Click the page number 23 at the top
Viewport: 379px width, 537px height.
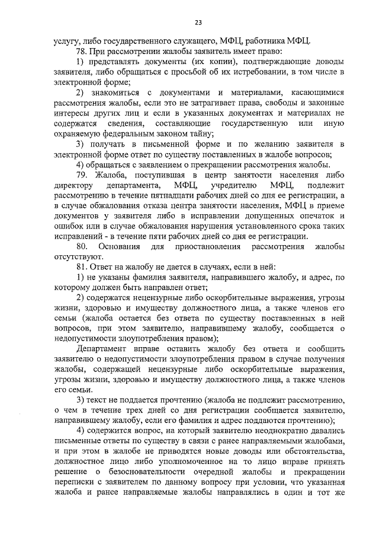198,23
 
